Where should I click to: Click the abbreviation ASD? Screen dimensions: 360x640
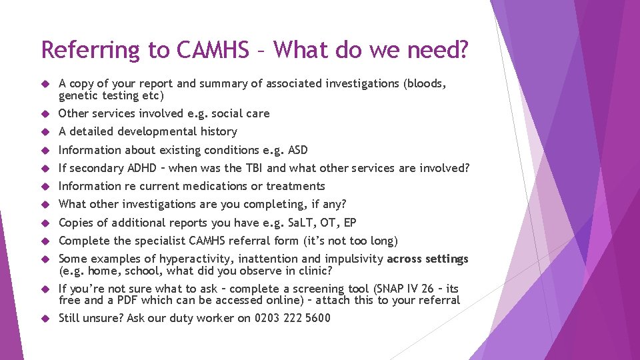(296, 150)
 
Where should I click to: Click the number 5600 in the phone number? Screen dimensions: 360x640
(317, 318)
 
